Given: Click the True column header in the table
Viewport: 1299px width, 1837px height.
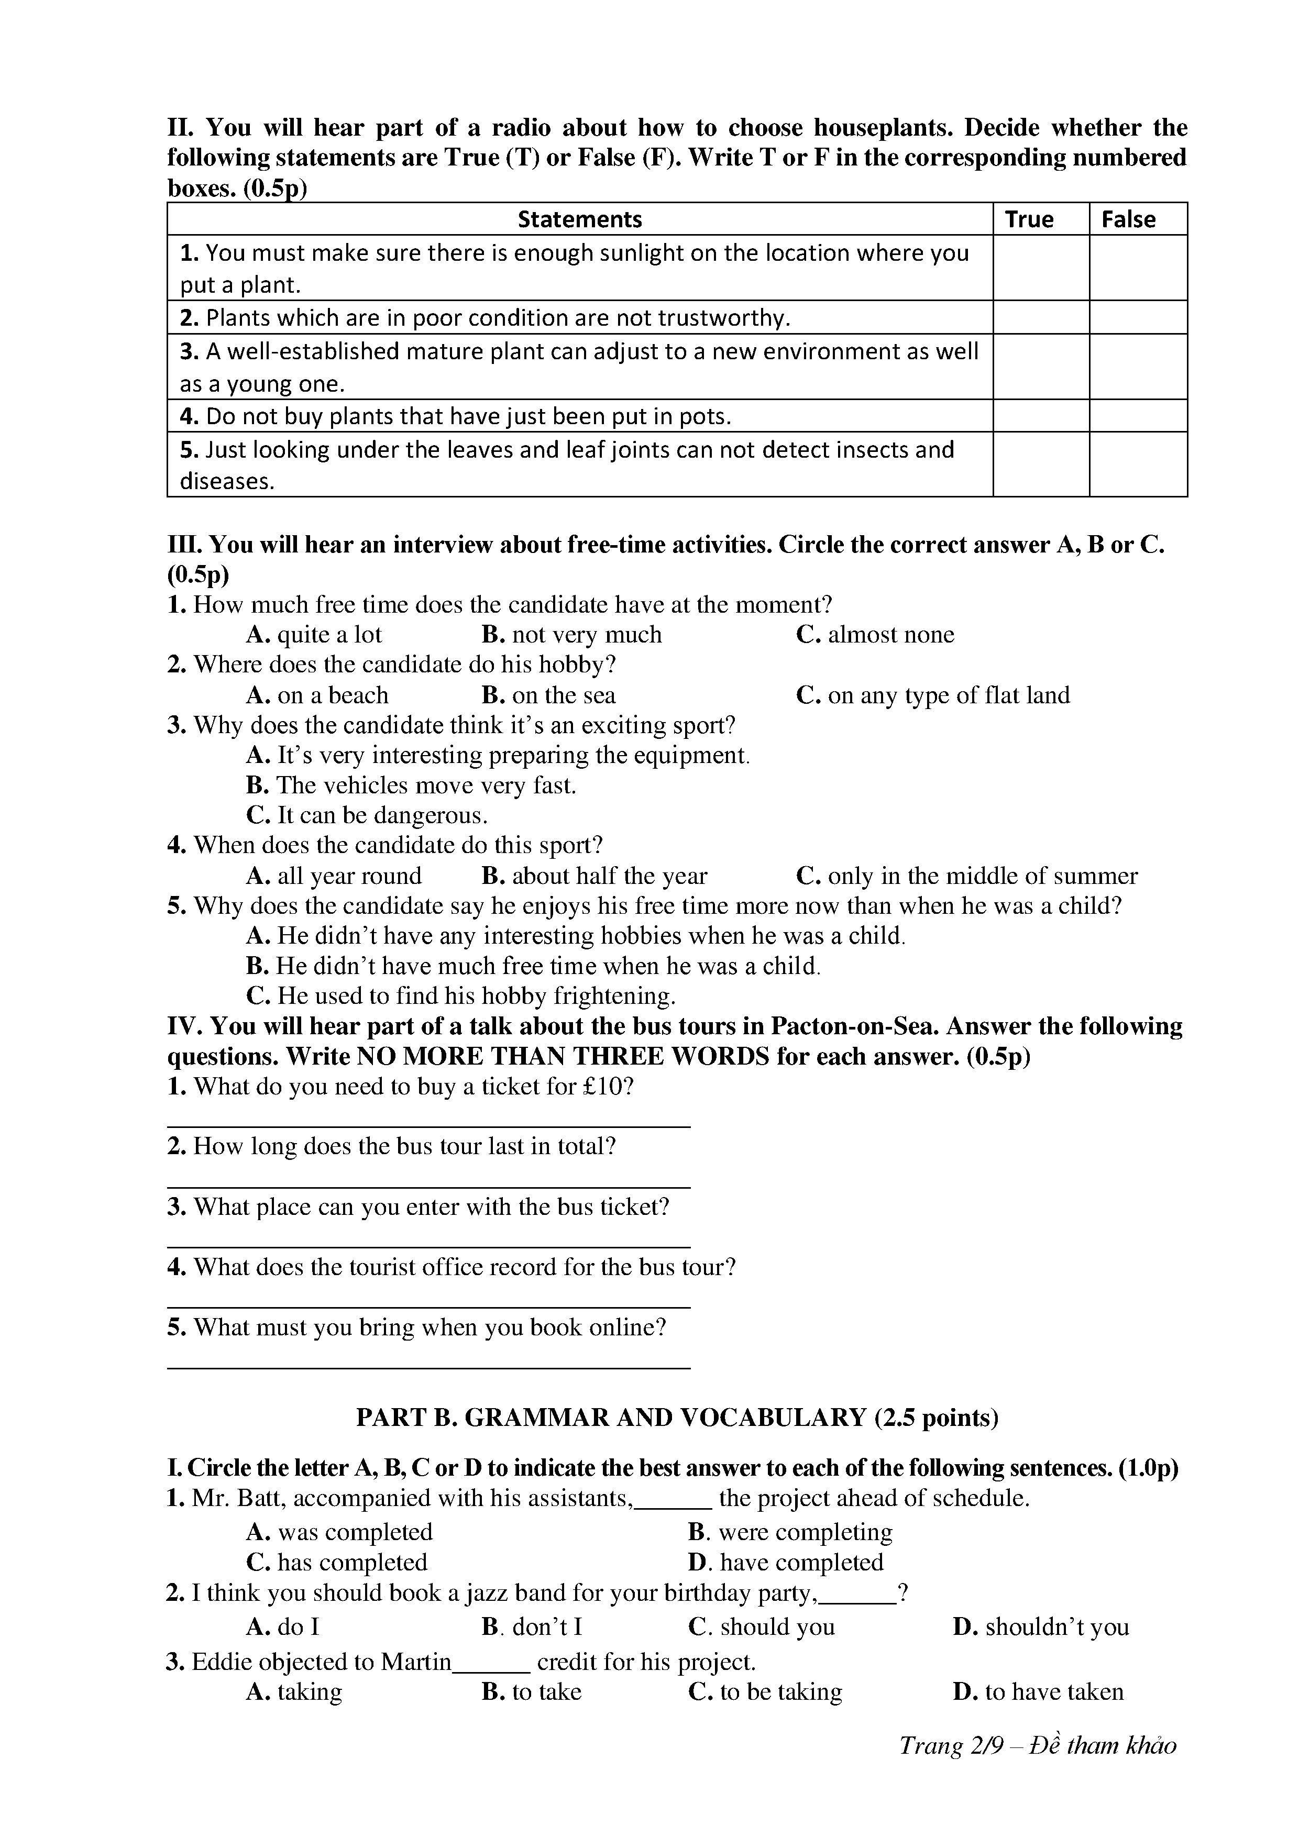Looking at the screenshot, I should point(1029,219).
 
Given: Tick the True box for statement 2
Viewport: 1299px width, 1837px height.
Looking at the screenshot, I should point(1040,318).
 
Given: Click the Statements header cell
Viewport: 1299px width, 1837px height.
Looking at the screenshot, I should point(579,219).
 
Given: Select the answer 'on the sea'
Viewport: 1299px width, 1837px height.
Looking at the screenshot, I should point(548,695).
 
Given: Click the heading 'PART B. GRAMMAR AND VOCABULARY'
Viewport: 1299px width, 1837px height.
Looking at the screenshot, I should point(676,1418).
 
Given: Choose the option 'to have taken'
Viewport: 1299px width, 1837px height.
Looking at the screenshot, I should point(1038,1691).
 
